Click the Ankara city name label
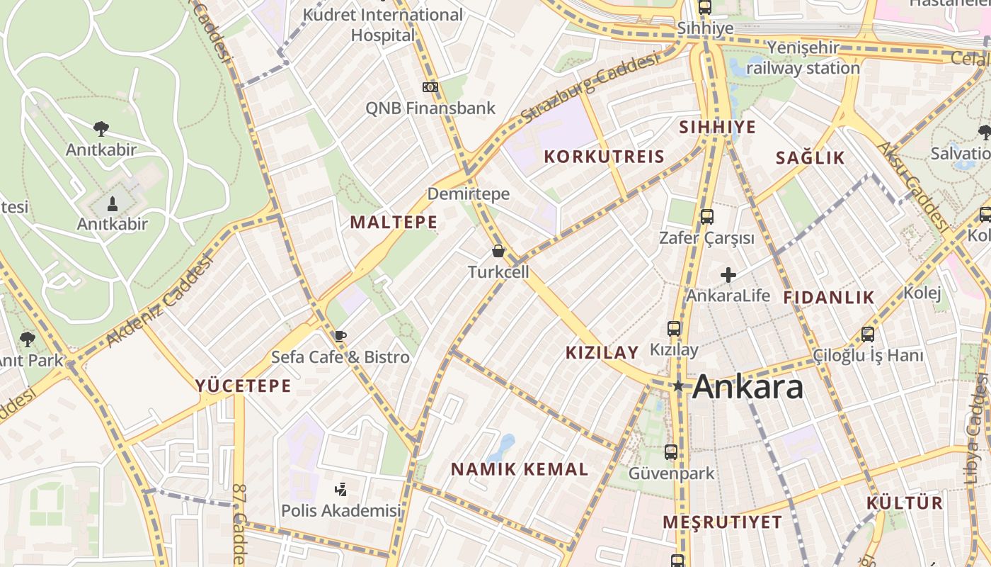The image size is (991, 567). tap(747, 387)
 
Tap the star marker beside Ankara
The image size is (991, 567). tap(678, 386)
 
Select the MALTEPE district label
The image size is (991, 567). tap(394, 223)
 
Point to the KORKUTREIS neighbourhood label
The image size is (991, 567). tap(604, 157)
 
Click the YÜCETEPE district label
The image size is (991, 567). tap(244, 386)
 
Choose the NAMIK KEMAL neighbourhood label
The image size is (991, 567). tap(520, 469)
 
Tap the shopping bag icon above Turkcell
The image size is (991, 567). tap(498, 251)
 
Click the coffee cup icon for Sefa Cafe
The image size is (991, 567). tap(340, 336)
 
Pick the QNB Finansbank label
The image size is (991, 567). tap(430, 108)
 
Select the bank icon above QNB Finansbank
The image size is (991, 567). tap(430, 87)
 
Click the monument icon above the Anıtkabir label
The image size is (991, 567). tap(112, 205)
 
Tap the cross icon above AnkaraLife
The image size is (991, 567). tap(728, 275)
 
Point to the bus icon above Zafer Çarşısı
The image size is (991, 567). tap(706, 217)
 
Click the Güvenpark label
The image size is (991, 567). tap(672, 473)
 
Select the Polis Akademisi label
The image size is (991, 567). tap(341, 510)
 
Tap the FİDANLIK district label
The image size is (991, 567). tap(829, 298)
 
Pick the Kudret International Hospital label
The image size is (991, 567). tap(383, 24)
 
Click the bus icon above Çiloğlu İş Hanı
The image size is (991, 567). tap(868, 334)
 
